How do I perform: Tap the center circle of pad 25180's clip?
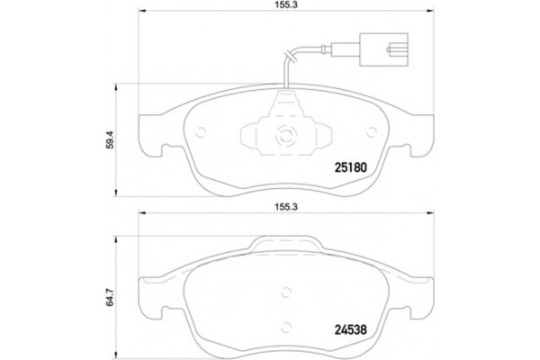(285, 138)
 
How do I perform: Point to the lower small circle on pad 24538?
(285, 328)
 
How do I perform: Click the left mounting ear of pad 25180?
(151, 135)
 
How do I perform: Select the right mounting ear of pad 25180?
(419, 135)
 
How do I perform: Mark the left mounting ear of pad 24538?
(151, 293)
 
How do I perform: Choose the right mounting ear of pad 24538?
(419, 293)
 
